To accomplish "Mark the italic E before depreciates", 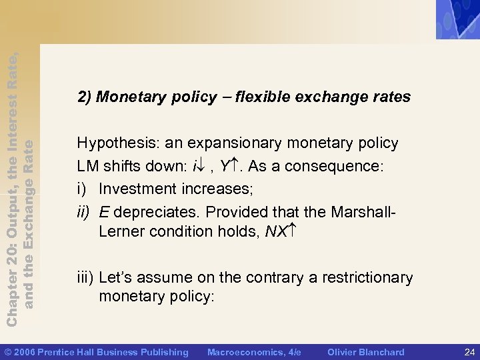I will click(104, 213).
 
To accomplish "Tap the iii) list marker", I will click(85, 277).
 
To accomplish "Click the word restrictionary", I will click(367, 277).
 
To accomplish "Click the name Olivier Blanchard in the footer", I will click(366, 352).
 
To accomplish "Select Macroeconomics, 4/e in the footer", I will click(254, 352).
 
